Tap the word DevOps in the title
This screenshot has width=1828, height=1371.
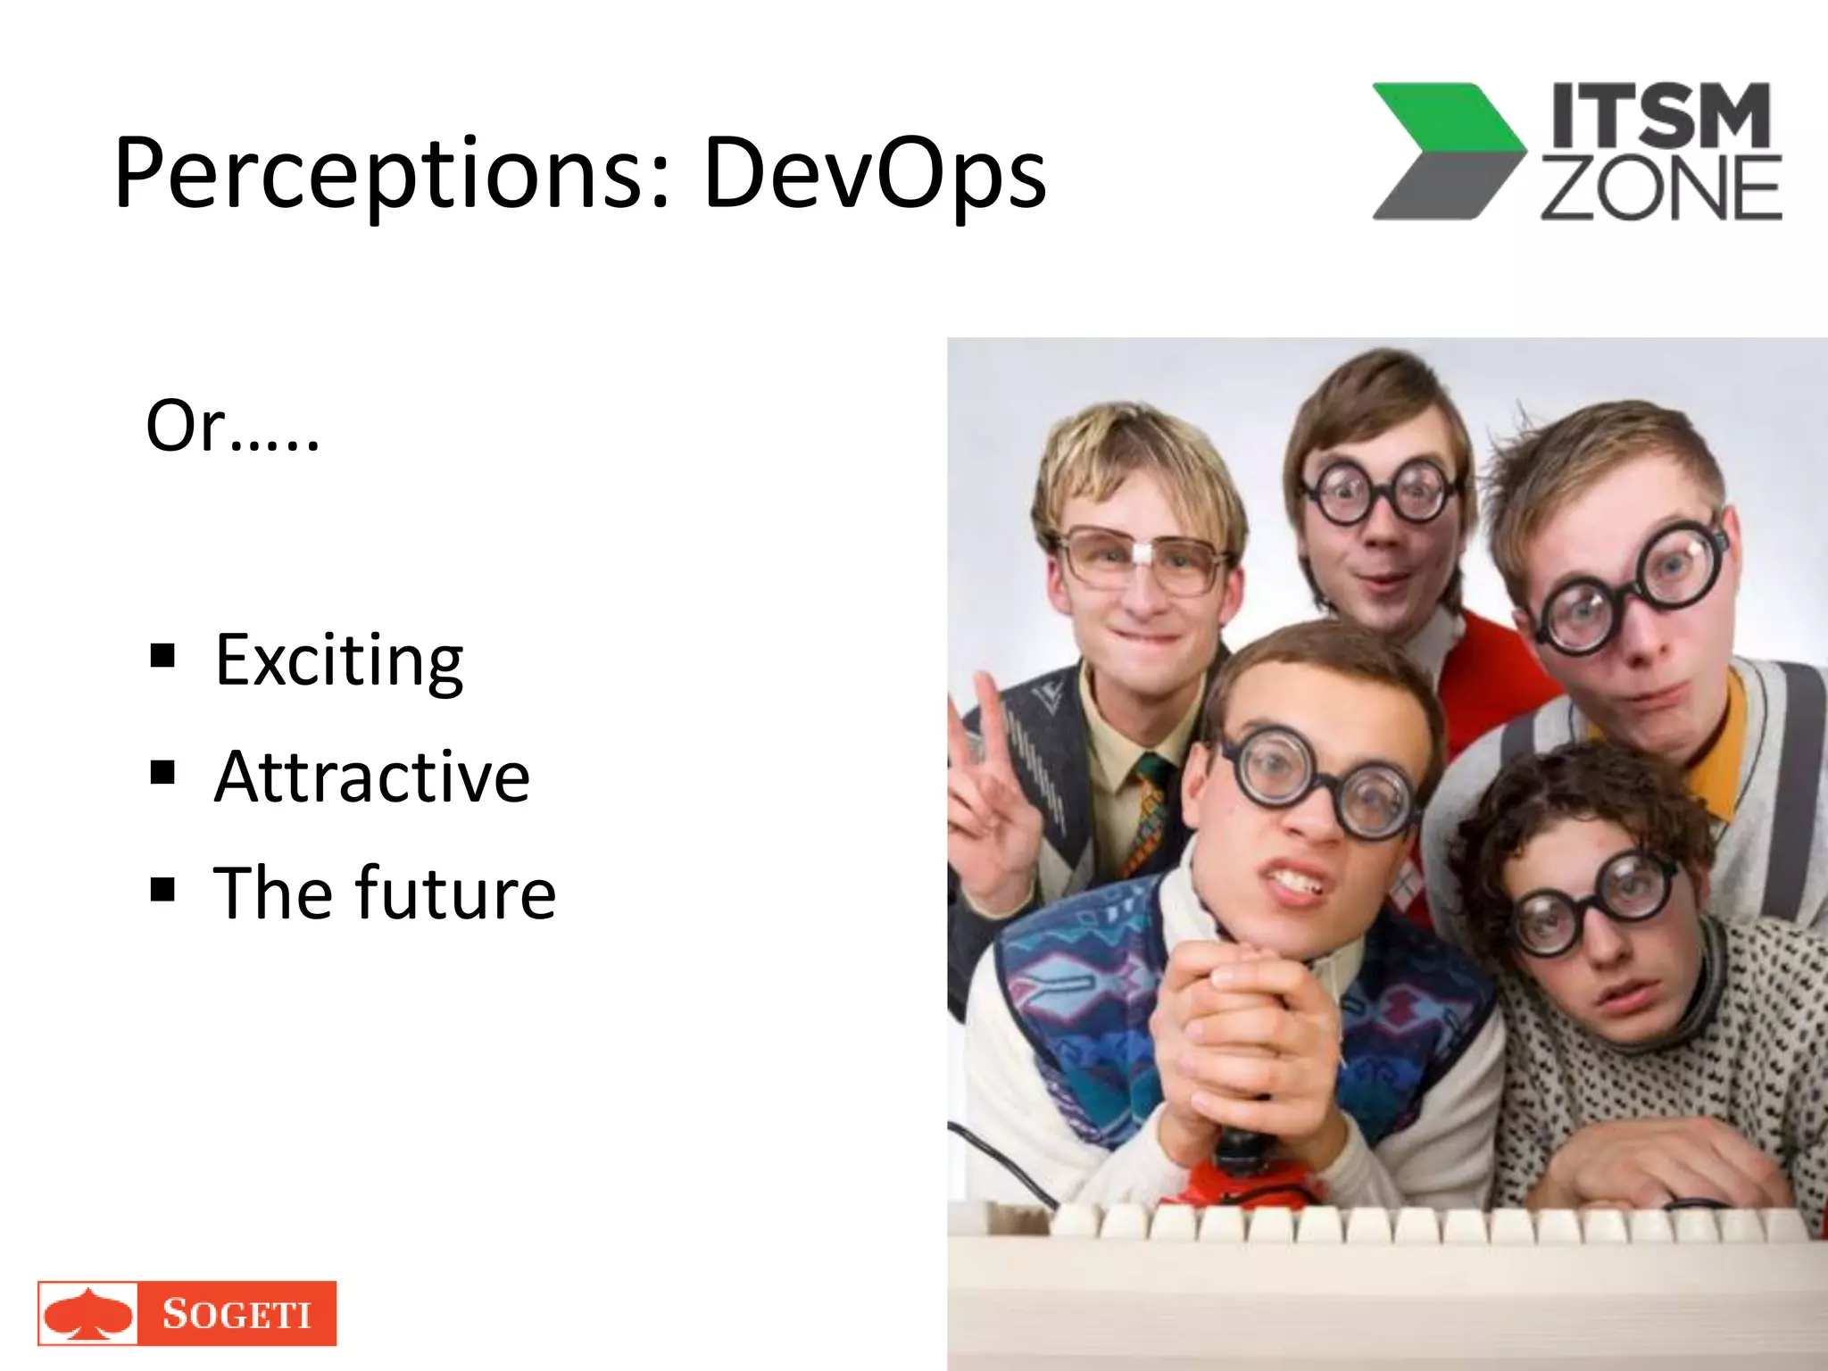coord(875,174)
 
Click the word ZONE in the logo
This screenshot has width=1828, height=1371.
coord(1660,188)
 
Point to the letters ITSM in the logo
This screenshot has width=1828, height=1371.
coord(1660,116)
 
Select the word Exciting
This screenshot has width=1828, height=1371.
coord(339,661)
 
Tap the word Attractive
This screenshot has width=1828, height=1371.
coord(372,777)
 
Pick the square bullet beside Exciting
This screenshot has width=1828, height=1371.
coord(162,656)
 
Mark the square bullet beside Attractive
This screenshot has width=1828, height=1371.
coord(162,772)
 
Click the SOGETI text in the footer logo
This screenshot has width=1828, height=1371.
coord(237,1315)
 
